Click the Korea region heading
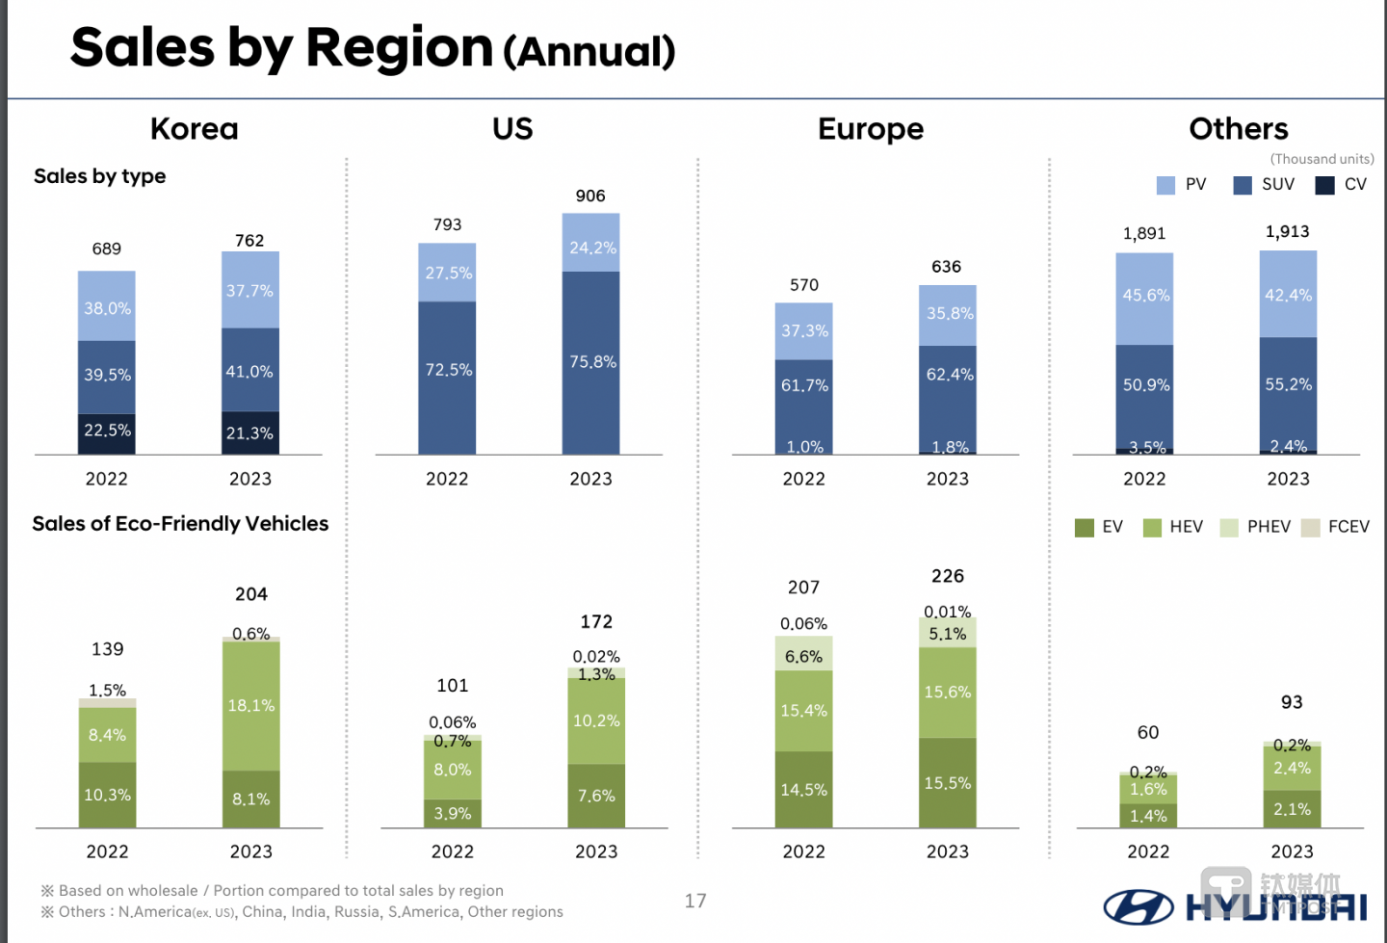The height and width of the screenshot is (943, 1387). tap(195, 129)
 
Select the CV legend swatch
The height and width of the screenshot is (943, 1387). tap(1325, 185)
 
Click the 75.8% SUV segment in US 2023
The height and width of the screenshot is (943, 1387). tap(591, 363)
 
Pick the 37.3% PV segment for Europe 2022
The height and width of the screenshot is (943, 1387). tap(804, 331)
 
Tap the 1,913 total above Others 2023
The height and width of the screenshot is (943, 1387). tap(1288, 232)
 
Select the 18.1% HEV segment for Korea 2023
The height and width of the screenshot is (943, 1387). tap(251, 705)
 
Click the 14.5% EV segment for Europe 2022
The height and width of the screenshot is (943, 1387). tap(804, 790)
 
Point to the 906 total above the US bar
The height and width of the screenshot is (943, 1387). tap(590, 196)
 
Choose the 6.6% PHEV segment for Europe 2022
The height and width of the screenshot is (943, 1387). tap(804, 656)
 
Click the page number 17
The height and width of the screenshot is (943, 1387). tap(695, 901)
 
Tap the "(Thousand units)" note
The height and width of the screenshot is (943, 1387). tap(1322, 159)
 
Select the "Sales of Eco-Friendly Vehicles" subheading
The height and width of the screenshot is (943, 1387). tap(180, 524)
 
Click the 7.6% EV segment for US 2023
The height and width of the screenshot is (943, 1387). tap(596, 796)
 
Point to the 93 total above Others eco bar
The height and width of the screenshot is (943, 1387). tap(1292, 702)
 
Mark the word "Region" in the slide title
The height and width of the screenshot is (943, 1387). tap(399, 47)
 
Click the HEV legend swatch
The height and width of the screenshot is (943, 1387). tap(1152, 528)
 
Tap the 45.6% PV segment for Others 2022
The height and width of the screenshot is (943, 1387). tap(1145, 297)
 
